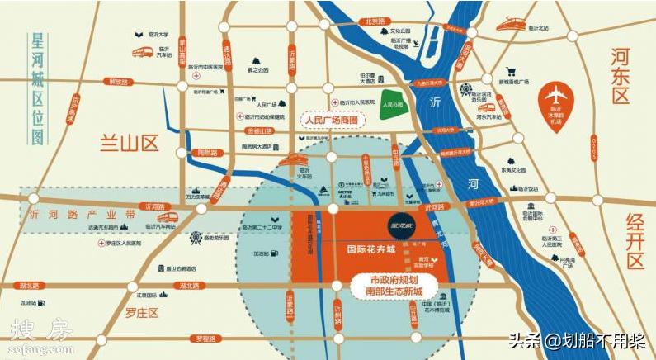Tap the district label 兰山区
pyautogui.click(x=129, y=142)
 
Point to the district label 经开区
pyautogui.click(x=633, y=239)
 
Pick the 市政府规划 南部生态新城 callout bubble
pyautogui.click(x=395, y=284)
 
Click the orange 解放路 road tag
pyautogui.click(x=120, y=82)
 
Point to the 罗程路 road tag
pyautogui.click(x=201, y=339)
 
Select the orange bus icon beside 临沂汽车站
pyautogui.click(x=143, y=52)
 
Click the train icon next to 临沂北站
pyautogui.click(x=512, y=24)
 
